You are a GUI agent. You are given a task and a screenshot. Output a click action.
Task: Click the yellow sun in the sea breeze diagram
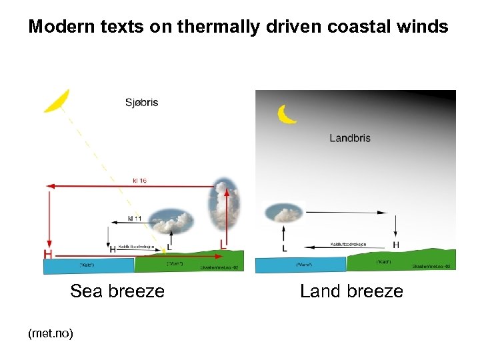click(57, 99)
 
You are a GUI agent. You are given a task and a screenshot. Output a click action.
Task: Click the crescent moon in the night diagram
click(287, 114)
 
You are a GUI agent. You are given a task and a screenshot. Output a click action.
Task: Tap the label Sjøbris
click(141, 103)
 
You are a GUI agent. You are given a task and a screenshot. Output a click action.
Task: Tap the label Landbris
click(350, 138)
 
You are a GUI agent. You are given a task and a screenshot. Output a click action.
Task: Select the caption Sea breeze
click(117, 291)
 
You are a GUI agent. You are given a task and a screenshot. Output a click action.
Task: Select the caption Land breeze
click(351, 291)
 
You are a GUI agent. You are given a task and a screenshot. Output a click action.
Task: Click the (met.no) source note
click(51, 332)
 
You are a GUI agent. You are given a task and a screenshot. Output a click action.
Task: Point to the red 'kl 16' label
click(140, 180)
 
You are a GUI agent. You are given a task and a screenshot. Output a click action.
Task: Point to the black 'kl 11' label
click(135, 218)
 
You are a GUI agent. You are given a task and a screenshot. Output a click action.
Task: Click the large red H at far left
click(48, 254)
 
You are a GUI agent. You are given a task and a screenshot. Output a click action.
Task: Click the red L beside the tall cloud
click(223, 245)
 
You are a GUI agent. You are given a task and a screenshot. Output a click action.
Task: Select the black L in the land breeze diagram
click(285, 248)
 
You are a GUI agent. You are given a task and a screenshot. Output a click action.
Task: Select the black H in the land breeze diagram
click(396, 245)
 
